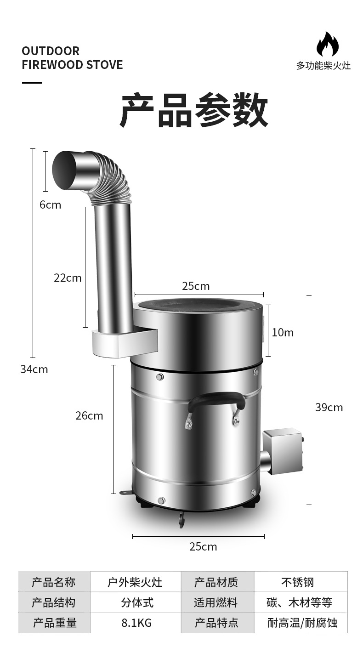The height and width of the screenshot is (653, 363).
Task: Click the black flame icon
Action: tap(328, 44)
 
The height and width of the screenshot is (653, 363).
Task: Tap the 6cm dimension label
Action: tap(50, 205)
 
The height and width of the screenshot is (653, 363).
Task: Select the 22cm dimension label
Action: tap(68, 278)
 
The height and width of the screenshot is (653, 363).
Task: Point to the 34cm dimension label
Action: tap(34, 369)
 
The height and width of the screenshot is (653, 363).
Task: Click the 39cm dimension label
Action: tap(329, 408)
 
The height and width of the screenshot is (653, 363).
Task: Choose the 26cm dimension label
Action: tap(89, 416)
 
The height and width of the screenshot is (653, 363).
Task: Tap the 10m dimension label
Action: tap(283, 333)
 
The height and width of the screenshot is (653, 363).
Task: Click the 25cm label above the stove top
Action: tap(196, 286)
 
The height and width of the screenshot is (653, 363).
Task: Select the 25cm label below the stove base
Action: tap(203, 547)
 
